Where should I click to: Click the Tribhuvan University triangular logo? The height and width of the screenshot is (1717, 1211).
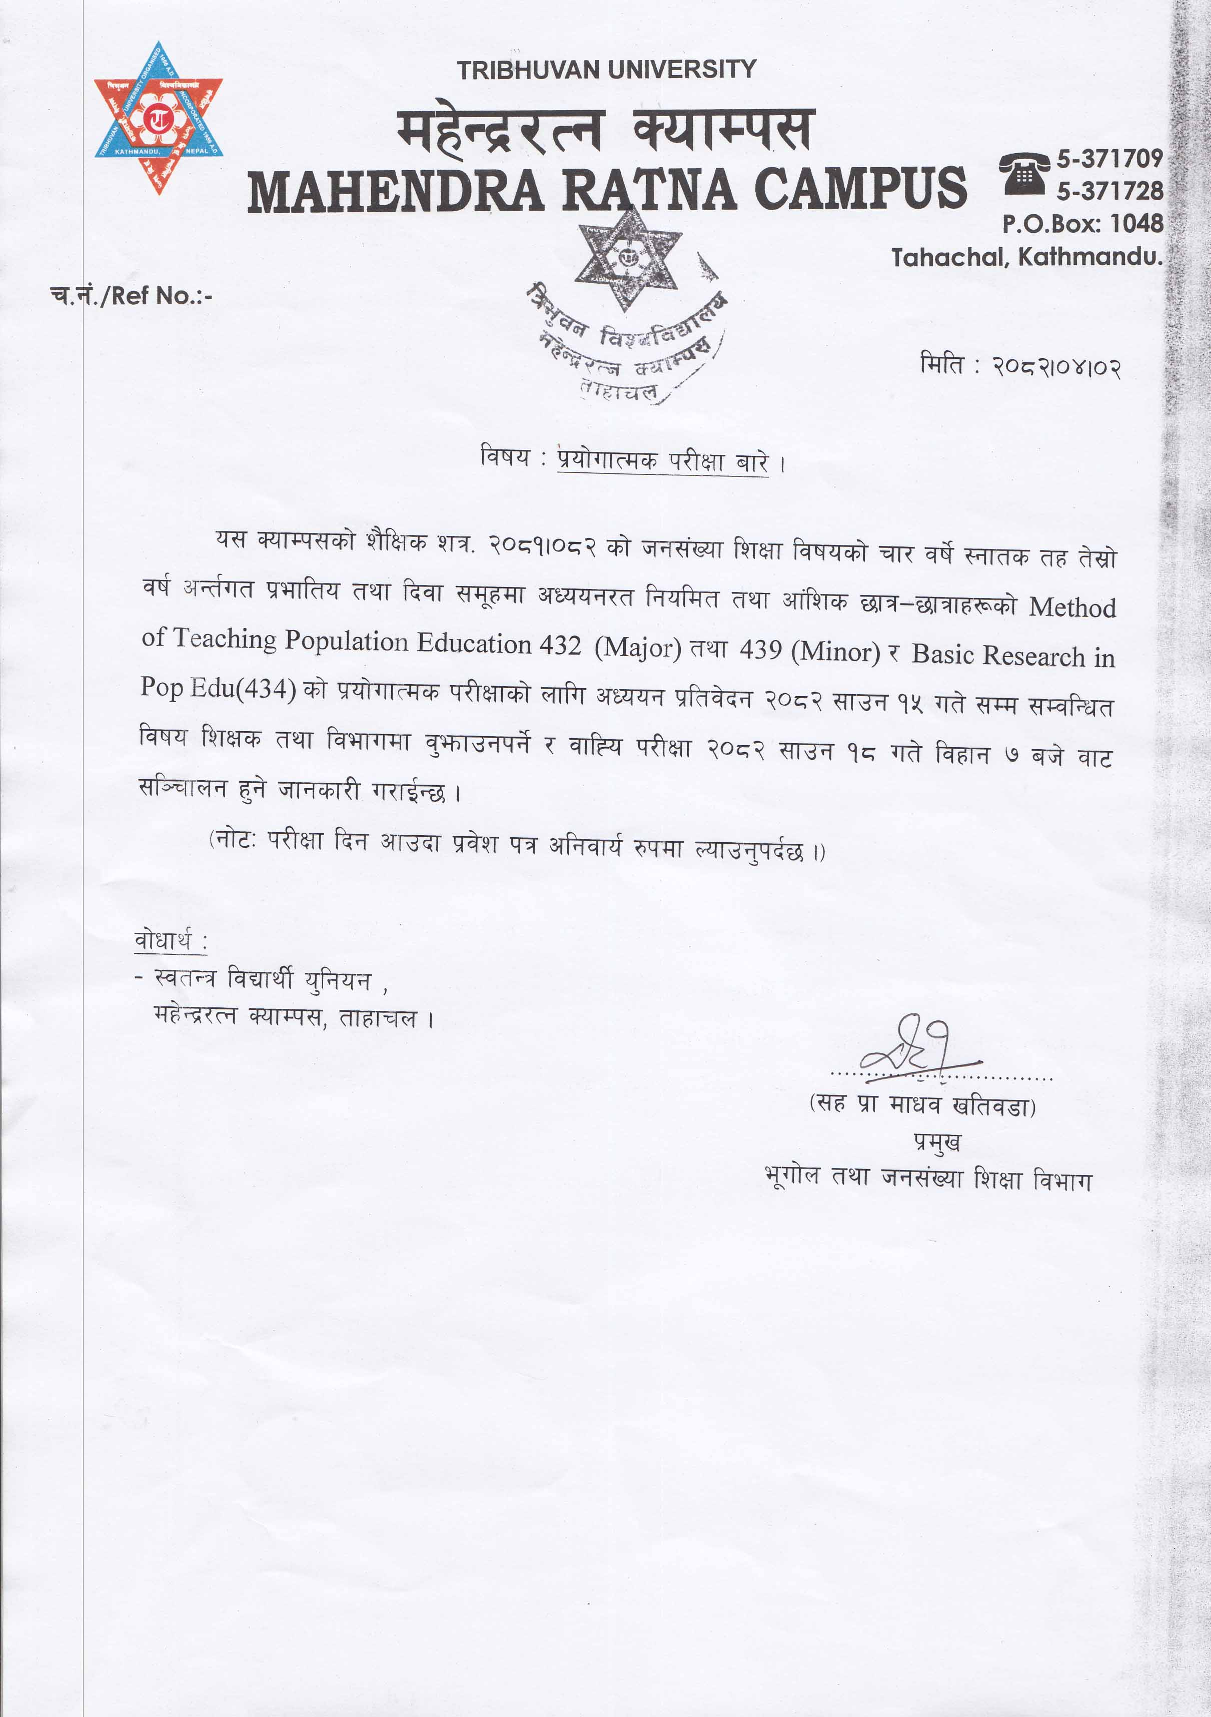click(x=159, y=118)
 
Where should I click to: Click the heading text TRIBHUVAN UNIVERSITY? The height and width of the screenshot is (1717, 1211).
click(x=606, y=70)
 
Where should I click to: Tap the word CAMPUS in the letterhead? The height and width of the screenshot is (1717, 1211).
click(x=860, y=189)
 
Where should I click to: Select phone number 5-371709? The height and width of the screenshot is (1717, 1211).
click(x=1109, y=159)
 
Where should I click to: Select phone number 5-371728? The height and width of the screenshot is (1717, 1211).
click(x=1109, y=191)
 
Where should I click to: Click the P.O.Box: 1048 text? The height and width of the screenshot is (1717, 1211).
click(x=1082, y=223)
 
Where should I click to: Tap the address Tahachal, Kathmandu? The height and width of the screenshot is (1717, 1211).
click(x=1026, y=257)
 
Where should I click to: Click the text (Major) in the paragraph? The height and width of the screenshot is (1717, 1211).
click(x=638, y=648)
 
